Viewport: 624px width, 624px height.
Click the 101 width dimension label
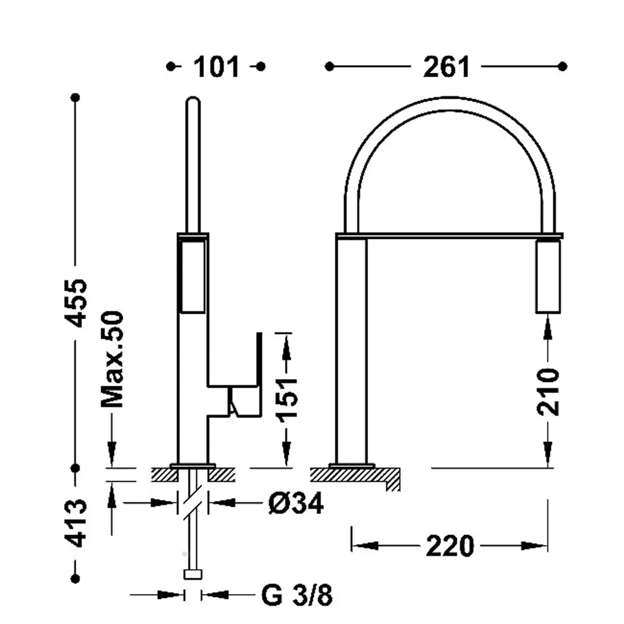pyautogui.click(x=216, y=67)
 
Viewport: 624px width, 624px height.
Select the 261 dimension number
pyautogui.click(x=446, y=67)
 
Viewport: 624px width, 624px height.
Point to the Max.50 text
pyautogui.click(x=112, y=360)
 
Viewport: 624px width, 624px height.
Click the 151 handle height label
pyautogui.click(x=288, y=400)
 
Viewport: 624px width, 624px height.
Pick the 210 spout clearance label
pyautogui.click(x=548, y=392)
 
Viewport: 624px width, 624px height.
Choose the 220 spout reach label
pyautogui.click(x=450, y=546)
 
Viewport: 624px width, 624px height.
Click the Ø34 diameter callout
pyautogui.click(x=296, y=503)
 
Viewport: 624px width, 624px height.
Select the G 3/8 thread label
pyautogui.click(x=297, y=595)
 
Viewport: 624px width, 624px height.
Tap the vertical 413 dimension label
pyautogui.click(x=76, y=523)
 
